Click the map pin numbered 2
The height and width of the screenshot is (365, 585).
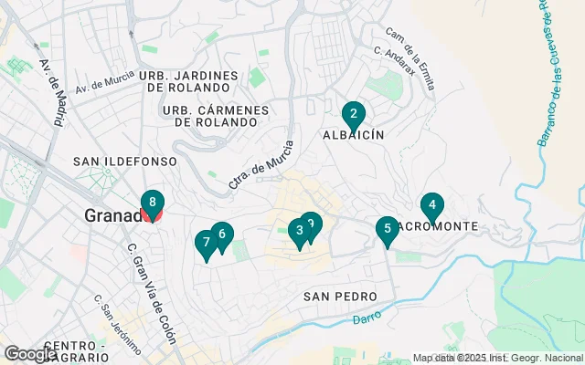pyautogui.click(x=353, y=116)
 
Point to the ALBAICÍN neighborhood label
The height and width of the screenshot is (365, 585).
pyautogui.click(x=352, y=134)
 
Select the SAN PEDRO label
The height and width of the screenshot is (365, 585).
pyautogui.click(x=340, y=297)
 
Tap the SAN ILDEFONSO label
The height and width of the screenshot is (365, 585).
pyautogui.click(x=124, y=161)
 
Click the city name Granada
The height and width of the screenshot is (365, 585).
pyautogui.click(x=113, y=216)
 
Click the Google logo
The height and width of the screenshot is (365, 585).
pyautogui.click(x=30, y=354)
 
